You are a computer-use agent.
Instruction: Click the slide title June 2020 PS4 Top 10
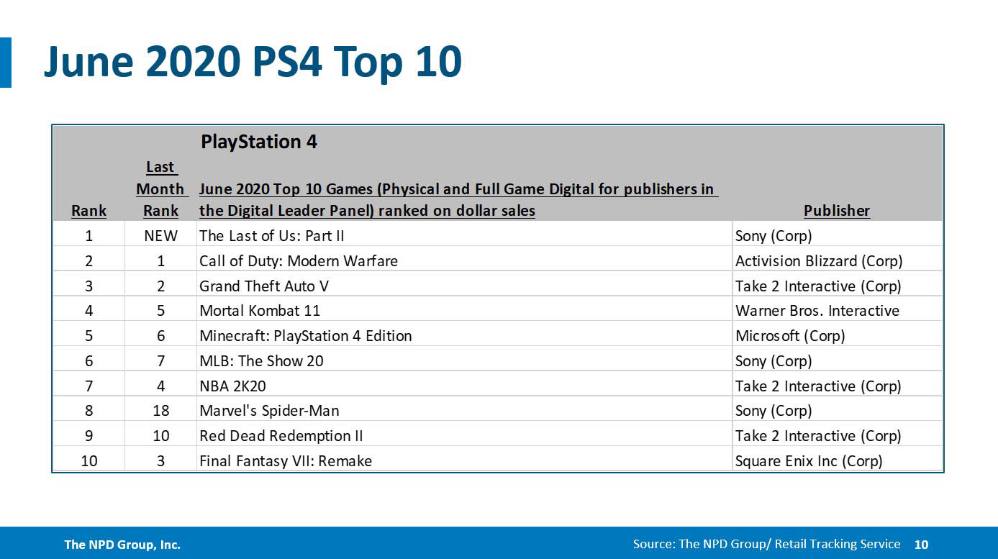(252, 62)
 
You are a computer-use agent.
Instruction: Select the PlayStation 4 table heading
(259, 142)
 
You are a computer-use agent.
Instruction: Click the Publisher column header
(836, 211)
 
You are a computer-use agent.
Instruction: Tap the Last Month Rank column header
(160, 189)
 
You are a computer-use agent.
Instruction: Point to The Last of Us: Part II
(272, 236)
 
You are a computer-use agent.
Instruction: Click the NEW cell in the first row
(160, 236)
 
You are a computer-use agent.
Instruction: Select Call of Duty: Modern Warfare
(298, 260)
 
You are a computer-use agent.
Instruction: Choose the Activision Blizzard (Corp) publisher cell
(818, 260)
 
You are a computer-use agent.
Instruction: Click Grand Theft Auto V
(263, 286)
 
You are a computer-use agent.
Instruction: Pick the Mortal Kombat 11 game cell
(259, 311)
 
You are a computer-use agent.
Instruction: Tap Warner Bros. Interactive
(817, 311)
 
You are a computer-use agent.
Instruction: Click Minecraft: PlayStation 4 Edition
(305, 336)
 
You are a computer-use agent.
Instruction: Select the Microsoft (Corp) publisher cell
(789, 336)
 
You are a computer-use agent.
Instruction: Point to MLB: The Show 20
(261, 360)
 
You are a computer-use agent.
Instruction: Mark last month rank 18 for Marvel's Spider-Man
(160, 411)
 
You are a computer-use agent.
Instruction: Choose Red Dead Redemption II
(281, 436)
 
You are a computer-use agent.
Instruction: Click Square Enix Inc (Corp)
(808, 460)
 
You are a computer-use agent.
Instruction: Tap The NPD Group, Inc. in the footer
(122, 545)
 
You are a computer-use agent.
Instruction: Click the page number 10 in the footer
(921, 545)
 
